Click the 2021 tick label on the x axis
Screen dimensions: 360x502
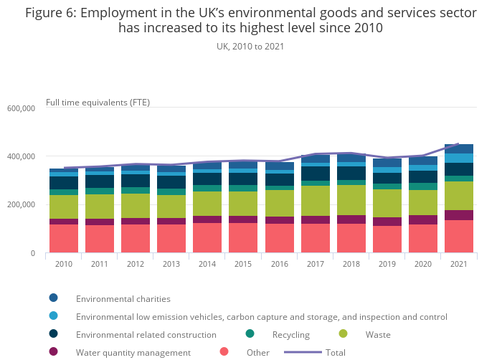pos(458,264)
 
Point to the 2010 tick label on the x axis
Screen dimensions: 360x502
pos(64,264)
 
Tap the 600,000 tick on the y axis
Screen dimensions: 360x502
pos(22,108)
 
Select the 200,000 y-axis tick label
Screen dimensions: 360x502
pos(22,205)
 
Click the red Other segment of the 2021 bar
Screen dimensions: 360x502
pos(458,236)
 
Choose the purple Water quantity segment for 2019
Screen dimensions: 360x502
pos(387,222)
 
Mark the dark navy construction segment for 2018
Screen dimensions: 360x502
pos(351,173)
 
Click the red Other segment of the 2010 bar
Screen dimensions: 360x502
pos(64,238)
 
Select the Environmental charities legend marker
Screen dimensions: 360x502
pos(53,298)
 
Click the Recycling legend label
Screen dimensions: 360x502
pos(290,335)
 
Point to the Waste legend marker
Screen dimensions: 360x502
pos(343,334)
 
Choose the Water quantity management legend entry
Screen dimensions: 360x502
pos(133,353)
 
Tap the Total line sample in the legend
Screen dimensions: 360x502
pos(303,352)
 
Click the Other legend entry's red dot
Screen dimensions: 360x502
pos(224,352)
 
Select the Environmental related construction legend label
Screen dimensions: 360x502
pos(146,335)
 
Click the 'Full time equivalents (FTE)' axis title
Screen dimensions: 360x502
pos(98,102)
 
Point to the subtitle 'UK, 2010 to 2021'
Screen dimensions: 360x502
pos(250,47)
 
